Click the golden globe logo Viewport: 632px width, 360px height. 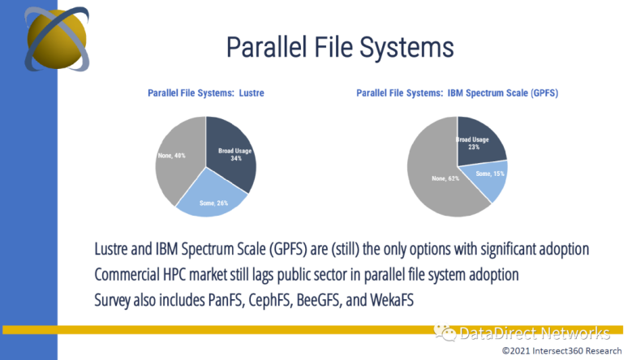click(57, 39)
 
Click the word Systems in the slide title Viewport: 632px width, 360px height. click(406, 48)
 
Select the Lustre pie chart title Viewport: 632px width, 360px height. click(206, 93)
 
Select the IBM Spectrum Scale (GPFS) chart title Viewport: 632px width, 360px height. click(457, 93)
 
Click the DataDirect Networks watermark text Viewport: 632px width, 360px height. click(535, 333)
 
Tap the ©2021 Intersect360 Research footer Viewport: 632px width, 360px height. click(562, 351)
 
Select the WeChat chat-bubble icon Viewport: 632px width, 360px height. click(445, 332)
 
